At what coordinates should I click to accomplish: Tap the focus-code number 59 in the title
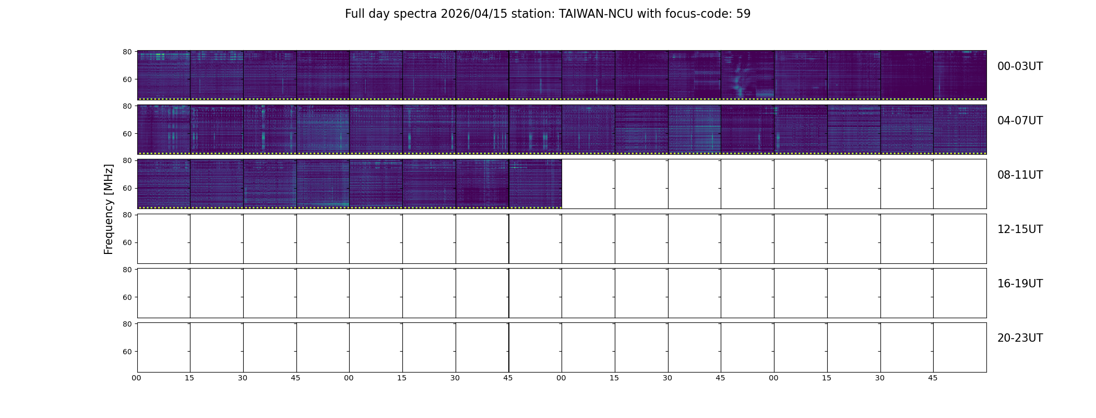pos(743,14)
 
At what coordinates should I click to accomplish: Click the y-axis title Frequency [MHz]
pos(109,209)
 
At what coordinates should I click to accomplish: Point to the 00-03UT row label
pos(1020,66)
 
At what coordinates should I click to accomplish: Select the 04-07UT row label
pos(1020,121)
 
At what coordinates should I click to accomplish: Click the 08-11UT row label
pos(1020,175)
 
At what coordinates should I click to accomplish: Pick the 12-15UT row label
pos(1020,229)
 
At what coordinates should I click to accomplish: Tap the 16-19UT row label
pos(1020,284)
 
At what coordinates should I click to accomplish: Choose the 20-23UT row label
pos(1020,338)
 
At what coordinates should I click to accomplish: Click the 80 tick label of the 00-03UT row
pos(127,52)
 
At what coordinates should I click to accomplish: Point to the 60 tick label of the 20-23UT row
pos(127,352)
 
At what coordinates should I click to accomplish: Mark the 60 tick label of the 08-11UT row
pos(127,188)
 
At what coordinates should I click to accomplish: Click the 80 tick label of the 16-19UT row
pos(127,270)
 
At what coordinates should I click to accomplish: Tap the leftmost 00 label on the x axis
pos(136,378)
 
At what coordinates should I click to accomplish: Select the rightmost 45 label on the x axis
pos(933,378)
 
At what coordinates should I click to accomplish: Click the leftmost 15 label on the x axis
pos(189,378)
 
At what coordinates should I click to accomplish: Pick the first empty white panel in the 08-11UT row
pos(588,184)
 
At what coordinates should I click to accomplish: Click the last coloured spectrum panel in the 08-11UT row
pos(535,184)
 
